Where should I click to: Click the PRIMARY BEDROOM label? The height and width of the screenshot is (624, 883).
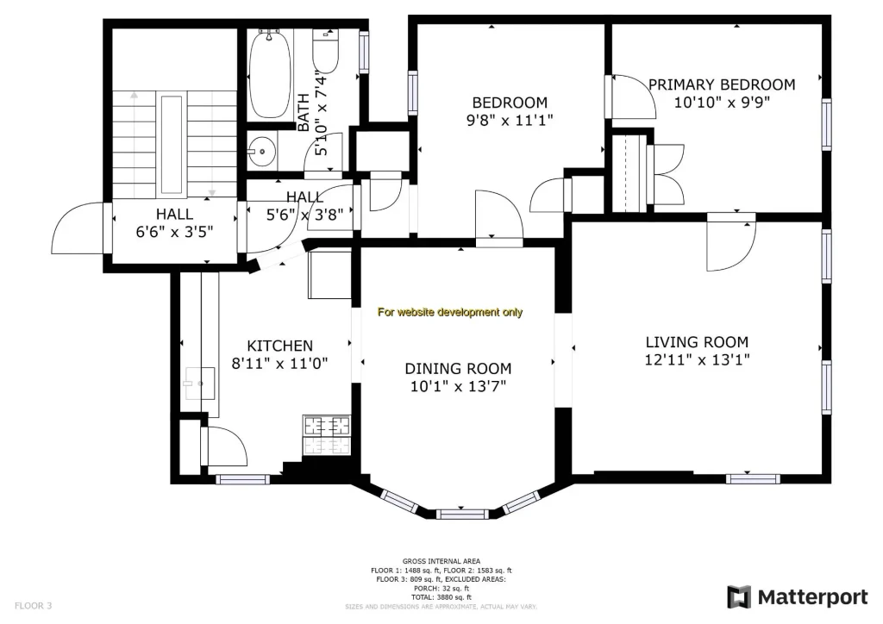coord(722,85)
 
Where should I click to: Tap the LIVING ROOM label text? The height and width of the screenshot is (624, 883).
coord(697,342)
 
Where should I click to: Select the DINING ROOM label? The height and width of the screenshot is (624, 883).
coord(458,369)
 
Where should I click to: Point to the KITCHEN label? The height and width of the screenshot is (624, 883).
coord(280,346)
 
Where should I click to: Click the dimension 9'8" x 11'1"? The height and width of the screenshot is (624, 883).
coord(510,121)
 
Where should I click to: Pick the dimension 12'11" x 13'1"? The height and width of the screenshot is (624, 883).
coord(697,359)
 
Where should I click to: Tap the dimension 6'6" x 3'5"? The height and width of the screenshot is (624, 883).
coord(174,232)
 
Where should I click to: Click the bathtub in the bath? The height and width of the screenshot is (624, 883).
coord(270,74)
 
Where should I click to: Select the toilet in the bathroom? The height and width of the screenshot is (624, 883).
coord(325,53)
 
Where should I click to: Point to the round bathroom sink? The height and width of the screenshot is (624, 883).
coord(262,151)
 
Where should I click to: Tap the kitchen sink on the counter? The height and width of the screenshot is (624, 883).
coord(199,384)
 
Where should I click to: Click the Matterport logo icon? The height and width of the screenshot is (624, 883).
coord(739,597)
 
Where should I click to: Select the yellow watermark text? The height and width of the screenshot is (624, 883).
coord(450,312)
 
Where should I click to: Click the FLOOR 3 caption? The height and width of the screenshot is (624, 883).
coord(34,606)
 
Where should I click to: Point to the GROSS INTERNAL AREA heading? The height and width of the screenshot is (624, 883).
coord(441,561)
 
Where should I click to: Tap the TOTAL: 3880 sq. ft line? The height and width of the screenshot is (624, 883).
coord(441,597)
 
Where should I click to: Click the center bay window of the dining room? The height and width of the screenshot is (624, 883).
coord(462,513)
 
